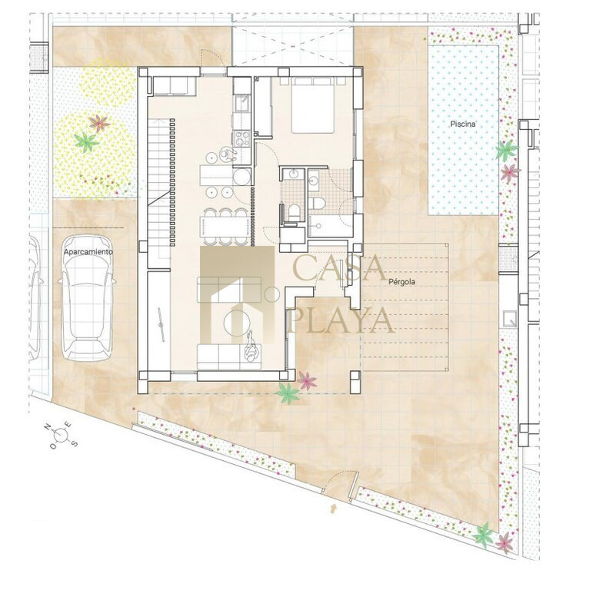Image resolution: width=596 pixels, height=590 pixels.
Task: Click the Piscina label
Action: pyautogui.click(x=463, y=124)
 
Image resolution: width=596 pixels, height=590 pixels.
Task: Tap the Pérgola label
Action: pyautogui.click(x=401, y=282)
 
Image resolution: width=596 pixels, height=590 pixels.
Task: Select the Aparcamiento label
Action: pyautogui.click(x=88, y=252)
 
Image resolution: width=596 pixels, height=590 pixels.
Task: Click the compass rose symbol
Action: pyautogui.click(x=61, y=434)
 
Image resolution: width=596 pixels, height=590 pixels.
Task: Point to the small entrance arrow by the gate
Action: pyautogui.click(x=334, y=509)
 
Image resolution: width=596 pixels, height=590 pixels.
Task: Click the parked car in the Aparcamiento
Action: pyautogui.click(x=88, y=298)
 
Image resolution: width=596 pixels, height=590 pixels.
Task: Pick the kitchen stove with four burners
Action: pyautogui.click(x=242, y=138)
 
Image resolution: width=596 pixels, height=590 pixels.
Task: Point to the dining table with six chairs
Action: pyautogui.click(x=224, y=227)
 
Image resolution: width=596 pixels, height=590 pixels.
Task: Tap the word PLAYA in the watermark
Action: pyautogui.click(x=340, y=320)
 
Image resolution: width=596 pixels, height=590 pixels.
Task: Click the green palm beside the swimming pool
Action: pyautogui.click(x=506, y=150)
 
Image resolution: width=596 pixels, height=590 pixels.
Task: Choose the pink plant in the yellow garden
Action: pyautogui.click(x=99, y=123)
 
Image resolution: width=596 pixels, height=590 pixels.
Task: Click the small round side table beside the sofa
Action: pyautogui.click(x=271, y=295)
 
